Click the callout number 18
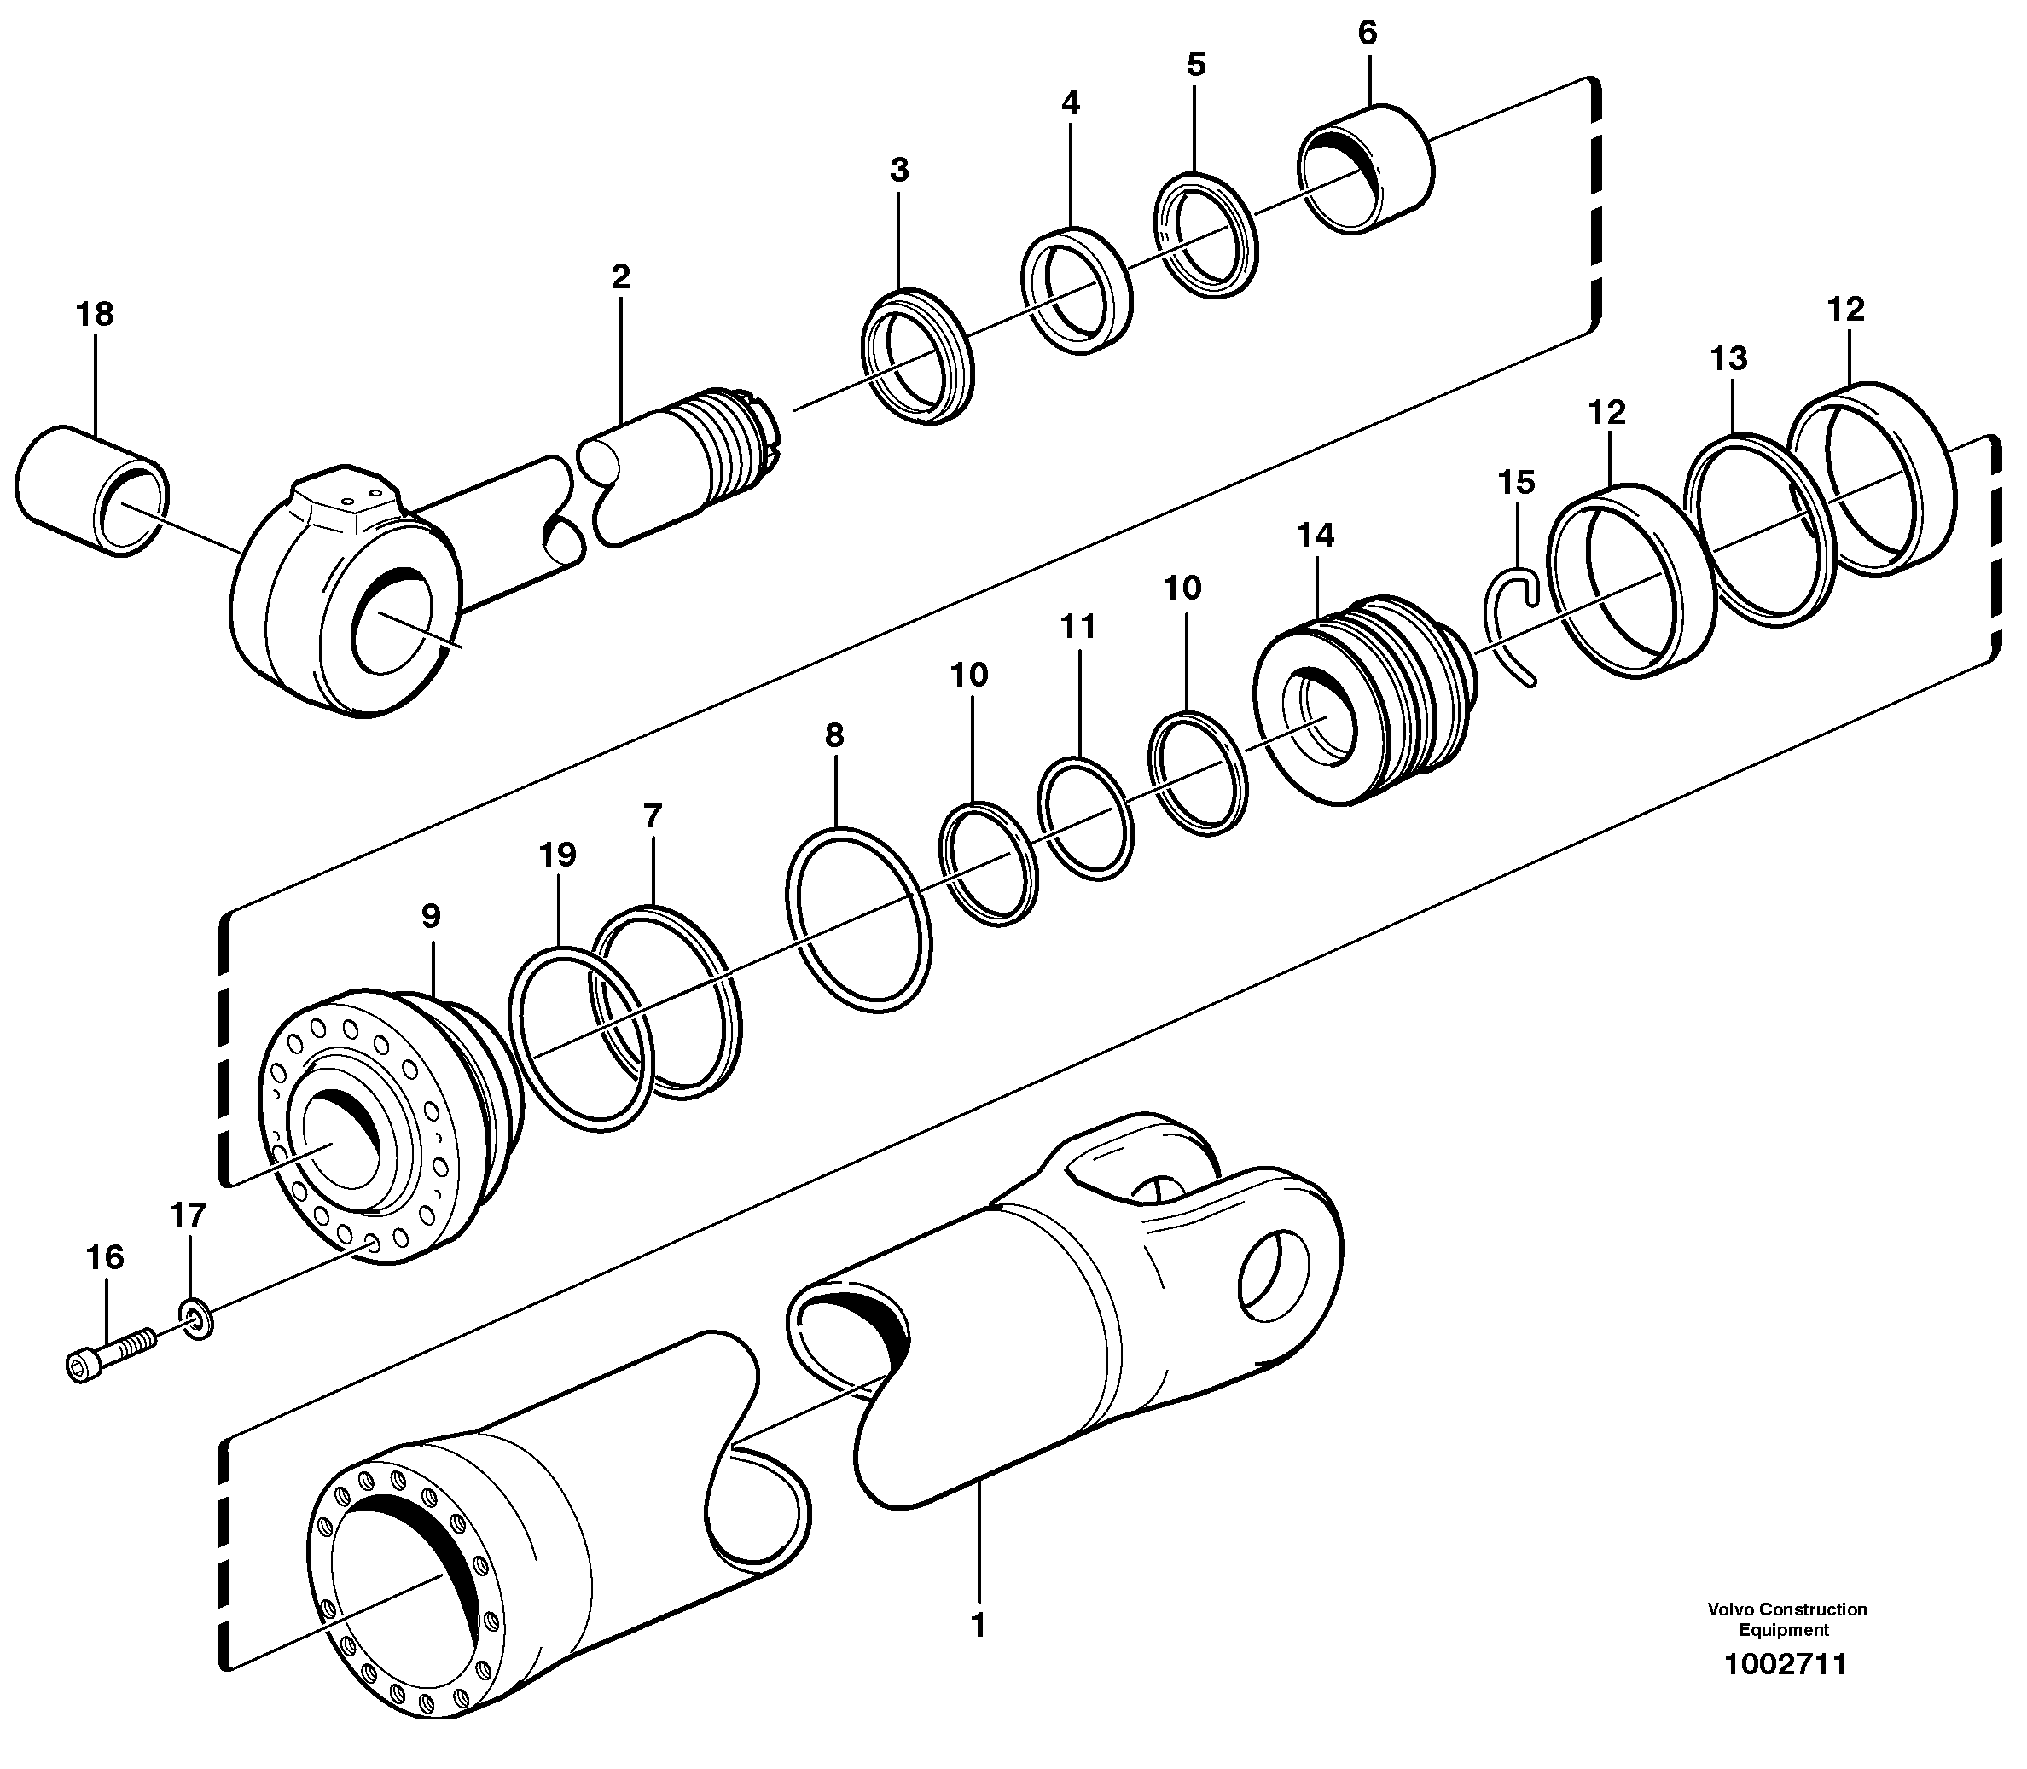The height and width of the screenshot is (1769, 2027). (95, 315)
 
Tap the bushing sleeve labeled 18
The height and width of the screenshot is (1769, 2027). (90, 490)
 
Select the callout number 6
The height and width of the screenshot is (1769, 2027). (1367, 33)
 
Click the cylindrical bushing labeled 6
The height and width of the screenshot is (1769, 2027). (1368, 169)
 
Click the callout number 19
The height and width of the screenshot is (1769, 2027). (558, 855)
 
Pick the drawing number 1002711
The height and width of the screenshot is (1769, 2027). (1784, 1664)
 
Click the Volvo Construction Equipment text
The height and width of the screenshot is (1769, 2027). (1787, 1619)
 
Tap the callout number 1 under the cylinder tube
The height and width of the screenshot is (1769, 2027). (978, 1625)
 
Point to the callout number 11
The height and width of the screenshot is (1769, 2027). (1078, 627)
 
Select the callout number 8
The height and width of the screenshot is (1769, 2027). (834, 735)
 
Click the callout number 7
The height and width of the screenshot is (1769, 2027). (652, 816)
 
